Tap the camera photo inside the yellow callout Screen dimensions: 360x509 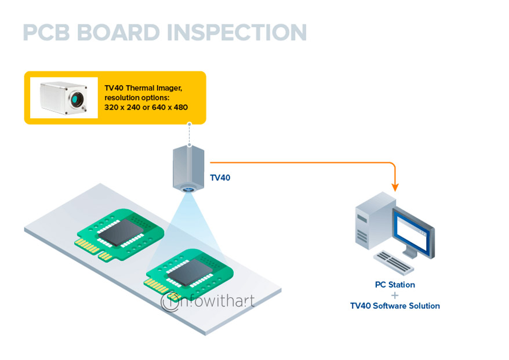[64, 97]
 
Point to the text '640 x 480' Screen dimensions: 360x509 [169, 108]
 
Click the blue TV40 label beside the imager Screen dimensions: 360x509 [220, 177]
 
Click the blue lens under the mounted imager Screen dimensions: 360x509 [187, 190]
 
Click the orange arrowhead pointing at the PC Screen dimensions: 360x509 [395, 187]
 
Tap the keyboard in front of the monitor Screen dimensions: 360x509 [394, 263]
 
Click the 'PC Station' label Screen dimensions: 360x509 [395, 285]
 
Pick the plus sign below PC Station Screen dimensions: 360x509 [395, 295]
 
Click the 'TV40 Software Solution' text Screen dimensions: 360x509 [395, 306]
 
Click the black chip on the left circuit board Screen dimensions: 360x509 [124, 230]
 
